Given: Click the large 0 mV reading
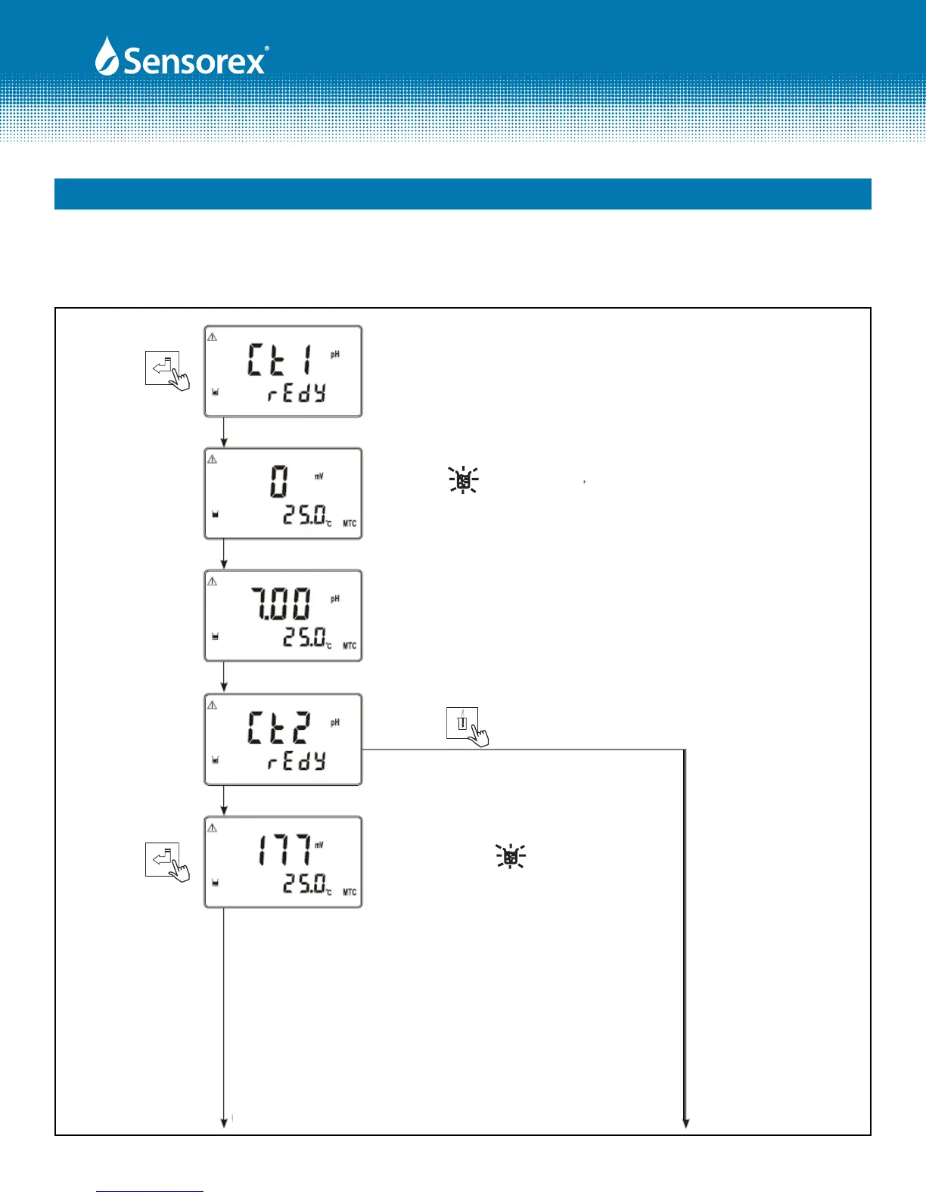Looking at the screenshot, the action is tap(279, 481).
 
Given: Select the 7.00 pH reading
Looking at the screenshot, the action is tap(280, 605).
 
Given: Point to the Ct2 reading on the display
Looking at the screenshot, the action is tap(278, 728).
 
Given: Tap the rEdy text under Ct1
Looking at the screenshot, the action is tap(297, 393).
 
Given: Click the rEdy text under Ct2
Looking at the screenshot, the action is tap(297, 762).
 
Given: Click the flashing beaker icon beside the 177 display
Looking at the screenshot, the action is tap(511, 856).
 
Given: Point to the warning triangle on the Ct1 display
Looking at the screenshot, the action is tap(213, 337).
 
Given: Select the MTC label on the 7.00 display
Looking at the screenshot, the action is tap(350, 646).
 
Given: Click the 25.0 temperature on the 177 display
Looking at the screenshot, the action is tap(306, 883).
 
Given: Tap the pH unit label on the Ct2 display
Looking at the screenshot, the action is tap(335, 723).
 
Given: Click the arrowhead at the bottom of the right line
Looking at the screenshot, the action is tap(685, 1124).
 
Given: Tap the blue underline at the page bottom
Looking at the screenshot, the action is tap(150, 1192).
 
